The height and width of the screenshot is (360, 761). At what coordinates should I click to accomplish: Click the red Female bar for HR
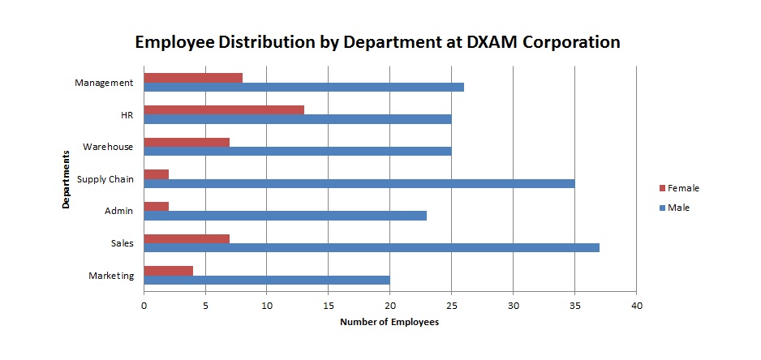(x=224, y=109)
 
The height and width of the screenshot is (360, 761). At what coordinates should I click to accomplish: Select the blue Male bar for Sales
(x=372, y=247)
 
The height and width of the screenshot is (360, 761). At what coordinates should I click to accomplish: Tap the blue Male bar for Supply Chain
(x=359, y=183)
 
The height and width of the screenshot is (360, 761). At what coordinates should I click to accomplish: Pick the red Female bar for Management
(x=193, y=78)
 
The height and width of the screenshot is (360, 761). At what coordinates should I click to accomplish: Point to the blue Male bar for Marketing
(x=266, y=280)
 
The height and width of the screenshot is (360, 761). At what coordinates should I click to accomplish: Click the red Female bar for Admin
(x=156, y=206)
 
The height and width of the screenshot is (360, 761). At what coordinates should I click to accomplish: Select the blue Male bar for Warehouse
(x=297, y=151)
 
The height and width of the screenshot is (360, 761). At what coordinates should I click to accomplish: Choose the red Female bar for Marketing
(x=168, y=270)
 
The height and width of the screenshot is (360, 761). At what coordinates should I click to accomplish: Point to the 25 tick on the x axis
(x=451, y=306)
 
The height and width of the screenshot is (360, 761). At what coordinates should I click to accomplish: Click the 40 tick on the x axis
(x=636, y=306)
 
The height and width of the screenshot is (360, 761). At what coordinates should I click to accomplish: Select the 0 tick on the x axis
(x=144, y=306)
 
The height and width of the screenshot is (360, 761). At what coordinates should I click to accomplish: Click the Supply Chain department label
(x=105, y=178)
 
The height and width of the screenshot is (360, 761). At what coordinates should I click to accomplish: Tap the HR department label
(x=127, y=114)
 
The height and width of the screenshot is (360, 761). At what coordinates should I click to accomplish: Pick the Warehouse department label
(x=108, y=147)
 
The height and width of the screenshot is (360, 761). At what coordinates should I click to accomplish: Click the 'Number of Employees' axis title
(x=389, y=323)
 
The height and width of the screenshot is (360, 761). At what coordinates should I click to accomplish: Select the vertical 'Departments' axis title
(x=64, y=178)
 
